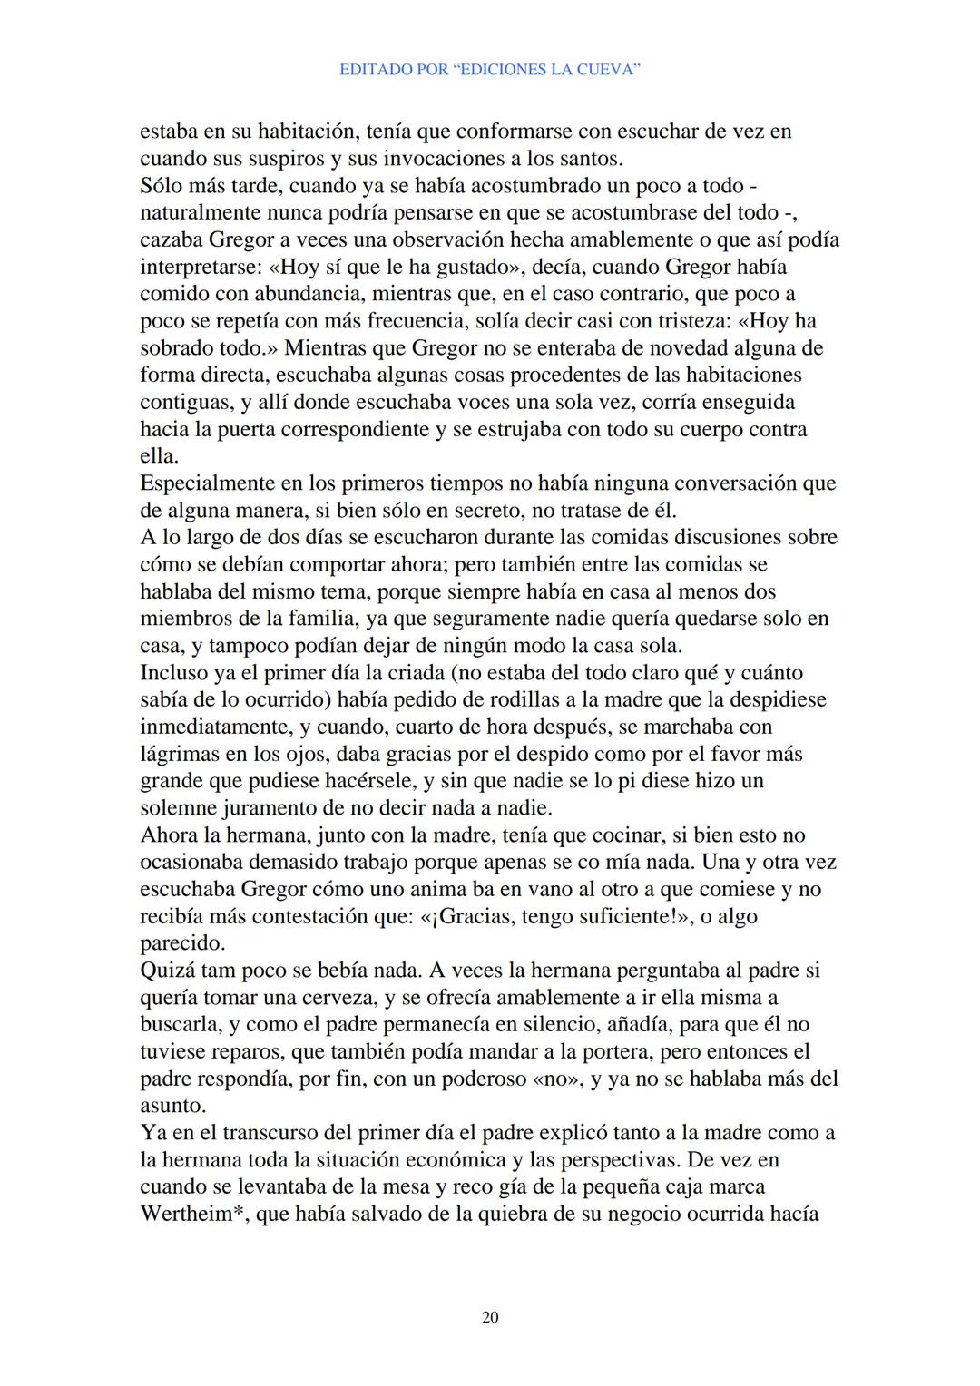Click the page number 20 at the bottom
pos(490,1317)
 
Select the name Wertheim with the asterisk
pos(192,1215)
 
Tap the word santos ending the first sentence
pos(589,159)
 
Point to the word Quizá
pos(166,971)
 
